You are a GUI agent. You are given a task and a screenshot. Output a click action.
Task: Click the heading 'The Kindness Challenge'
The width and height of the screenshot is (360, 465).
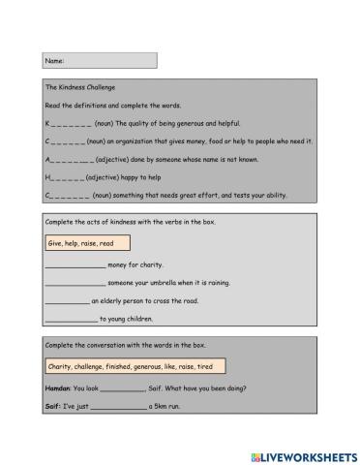click(80, 87)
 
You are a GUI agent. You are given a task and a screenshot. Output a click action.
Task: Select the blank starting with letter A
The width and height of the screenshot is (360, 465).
click(69, 159)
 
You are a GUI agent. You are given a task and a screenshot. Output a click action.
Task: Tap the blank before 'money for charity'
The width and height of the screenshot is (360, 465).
click(75, 264)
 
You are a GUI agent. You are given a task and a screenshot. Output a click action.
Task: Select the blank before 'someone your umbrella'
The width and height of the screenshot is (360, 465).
click(75, 283)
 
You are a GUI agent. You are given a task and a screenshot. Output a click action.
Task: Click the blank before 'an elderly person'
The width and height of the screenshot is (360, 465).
click(67, 301)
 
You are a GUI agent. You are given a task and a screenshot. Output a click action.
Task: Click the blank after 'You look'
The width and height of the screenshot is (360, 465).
click(121, 388)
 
